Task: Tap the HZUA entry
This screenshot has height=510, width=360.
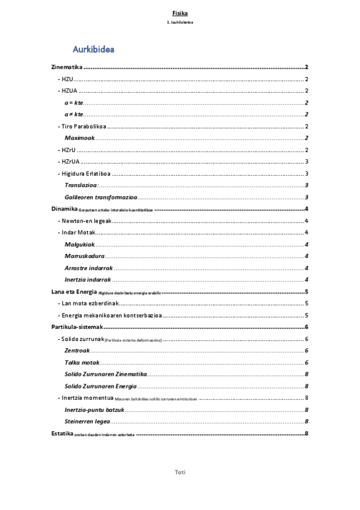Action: click(x=68, y=91)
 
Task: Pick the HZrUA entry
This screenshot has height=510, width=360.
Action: click(x=69, y=161)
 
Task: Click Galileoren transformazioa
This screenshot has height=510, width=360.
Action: click(x=101, y=197)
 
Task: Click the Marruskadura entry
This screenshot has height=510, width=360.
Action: click(x=84, y=256)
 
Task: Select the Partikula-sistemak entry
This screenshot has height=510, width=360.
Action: click(x=77, y=327)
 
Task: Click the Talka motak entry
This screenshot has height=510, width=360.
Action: click(x=81, y=362)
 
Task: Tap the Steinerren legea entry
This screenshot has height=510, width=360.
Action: click(x=87, y=421)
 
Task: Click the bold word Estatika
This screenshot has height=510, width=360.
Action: click(x=61, y=433)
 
